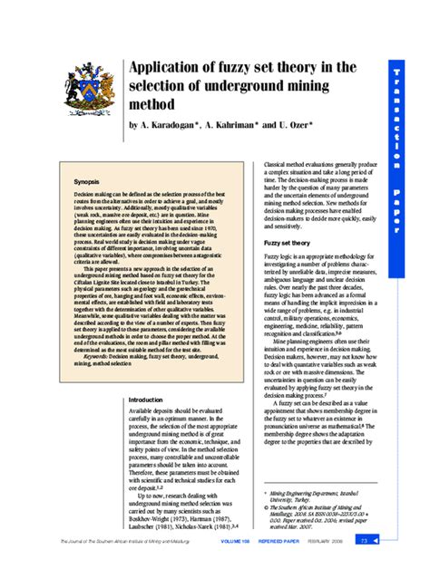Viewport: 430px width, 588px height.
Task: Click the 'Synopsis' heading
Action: (87, 182)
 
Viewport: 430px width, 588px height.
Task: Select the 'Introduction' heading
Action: (146, 399)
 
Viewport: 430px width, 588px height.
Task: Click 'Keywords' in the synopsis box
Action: (97, 357)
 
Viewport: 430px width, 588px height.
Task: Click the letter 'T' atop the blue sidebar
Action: (396, 72)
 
